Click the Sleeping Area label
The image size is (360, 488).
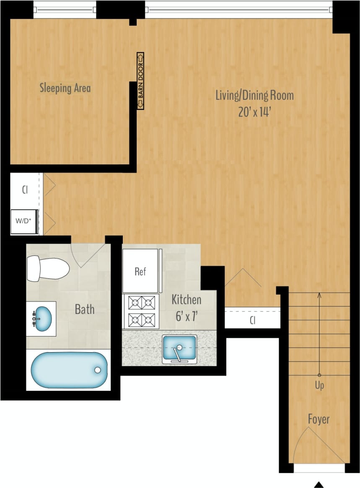tap(65, 88)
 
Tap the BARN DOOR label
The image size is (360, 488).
tap(140, 81)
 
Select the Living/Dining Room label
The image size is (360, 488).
tap(254, 95)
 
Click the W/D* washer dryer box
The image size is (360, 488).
tap(24, 221)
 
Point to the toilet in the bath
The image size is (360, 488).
tap(47, 269)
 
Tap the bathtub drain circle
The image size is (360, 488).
tap(98, 370)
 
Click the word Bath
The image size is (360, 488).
tap(85, 310)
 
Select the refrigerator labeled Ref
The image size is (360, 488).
tap(140, 271)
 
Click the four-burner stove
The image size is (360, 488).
tap(141, 311)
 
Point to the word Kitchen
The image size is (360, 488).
tap(186, 300)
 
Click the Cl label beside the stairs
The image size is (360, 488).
tap(252, 321)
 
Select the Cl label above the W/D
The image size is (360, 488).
tap(25, 189)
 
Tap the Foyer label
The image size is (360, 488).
tap(319, 419)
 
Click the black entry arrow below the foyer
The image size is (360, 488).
tap(319, 484)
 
